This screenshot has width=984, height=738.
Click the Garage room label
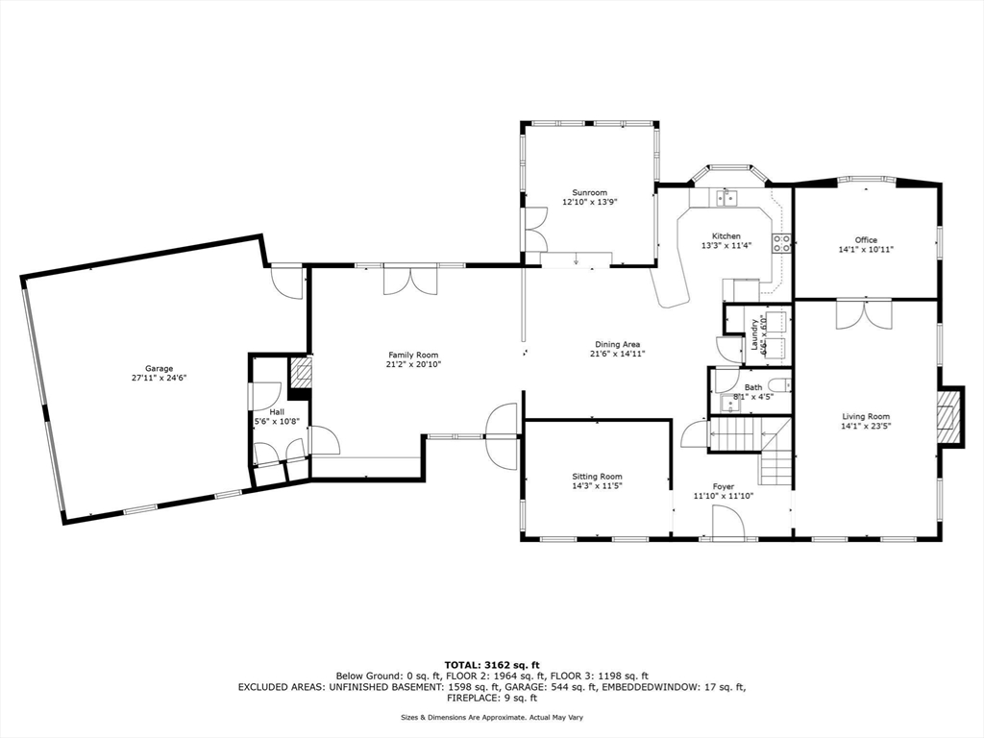pos(159,369)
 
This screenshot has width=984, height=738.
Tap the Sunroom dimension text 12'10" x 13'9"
pos(589,202)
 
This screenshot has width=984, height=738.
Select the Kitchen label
pos(726,236)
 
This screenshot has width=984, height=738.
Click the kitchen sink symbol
pos(727,198)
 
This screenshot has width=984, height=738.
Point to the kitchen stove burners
pos(781,242)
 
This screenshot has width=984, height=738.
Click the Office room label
pos(866,239)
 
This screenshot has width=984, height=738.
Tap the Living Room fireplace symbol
pos(948,416)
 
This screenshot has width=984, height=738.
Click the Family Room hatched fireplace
pos(300,373)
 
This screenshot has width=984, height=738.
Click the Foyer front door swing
pos(728,524)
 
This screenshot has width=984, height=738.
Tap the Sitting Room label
pos(597,477)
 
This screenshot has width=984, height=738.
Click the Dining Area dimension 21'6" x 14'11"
pos(618,354)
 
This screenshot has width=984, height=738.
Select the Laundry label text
pos(753,334)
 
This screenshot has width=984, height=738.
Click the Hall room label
pos(277,411)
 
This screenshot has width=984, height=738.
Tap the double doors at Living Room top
pos(864,314)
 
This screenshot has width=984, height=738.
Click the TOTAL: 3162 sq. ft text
pos(492,665)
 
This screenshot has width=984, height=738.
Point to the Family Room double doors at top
pos(410,281)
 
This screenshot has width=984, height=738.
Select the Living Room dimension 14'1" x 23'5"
pos(866,426)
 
